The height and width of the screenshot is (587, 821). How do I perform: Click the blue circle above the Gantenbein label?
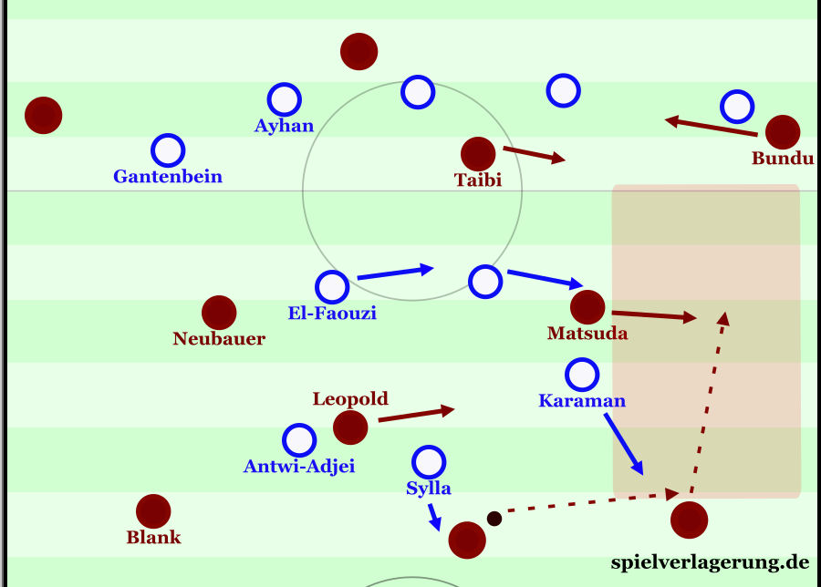click(x=168, y=150)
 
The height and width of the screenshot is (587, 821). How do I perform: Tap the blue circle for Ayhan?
click(x=285, y=98)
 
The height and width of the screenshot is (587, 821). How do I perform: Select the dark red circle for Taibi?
click(x=478, y=154)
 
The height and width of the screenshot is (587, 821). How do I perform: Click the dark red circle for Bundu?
click(x=783, y=132)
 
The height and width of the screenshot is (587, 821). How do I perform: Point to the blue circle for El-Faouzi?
click(x=332, y=287)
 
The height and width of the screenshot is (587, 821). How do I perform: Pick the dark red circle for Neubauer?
click(x=219, y=313)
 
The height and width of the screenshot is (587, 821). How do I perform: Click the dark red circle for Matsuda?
click(x=587, y=307)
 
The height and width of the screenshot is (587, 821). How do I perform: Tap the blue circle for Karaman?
click(x=582, y=374)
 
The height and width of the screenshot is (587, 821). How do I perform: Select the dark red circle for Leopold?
click(x=350, y=427)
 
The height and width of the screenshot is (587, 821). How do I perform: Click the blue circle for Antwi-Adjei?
click(x=298, y=440)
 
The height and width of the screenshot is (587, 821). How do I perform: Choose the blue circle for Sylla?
click(x=429, y=462)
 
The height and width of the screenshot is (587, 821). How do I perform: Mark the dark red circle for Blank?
click(x=153, y=511)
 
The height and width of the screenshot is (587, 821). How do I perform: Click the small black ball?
click(x=494, y=519)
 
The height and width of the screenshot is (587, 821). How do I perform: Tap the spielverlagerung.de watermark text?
click(x=710, y=561)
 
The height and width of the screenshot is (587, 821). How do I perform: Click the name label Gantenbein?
click(x=168, y=177)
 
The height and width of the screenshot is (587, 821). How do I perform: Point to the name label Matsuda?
click(x=587, y=334)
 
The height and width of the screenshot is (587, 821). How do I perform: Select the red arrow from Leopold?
click(x=416, y=414)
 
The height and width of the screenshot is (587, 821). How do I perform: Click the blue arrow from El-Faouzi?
click(x=394, y=272)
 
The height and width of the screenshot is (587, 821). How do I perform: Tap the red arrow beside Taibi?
click(x=534, y=155)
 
